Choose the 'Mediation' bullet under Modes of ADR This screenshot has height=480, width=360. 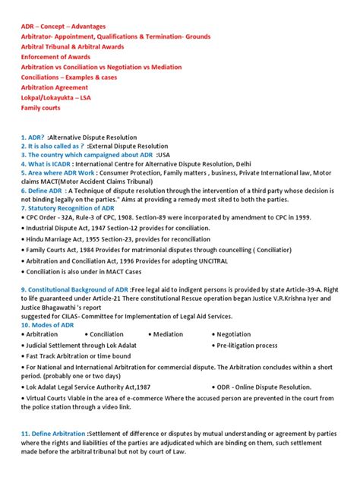(167, 333)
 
